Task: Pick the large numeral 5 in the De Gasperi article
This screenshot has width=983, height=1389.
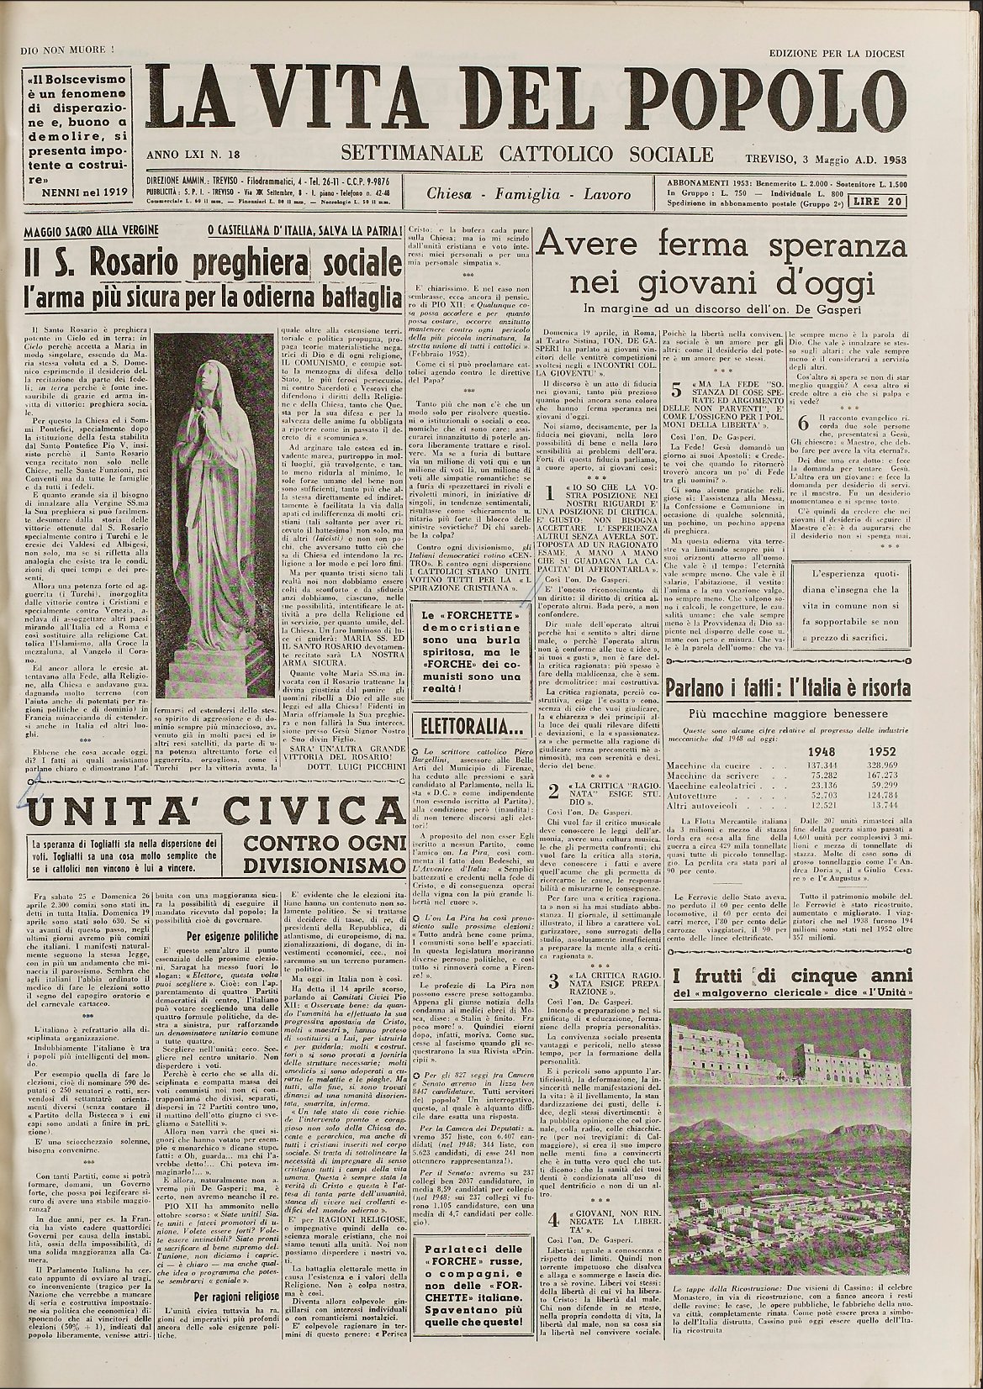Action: click(x=677, y=391)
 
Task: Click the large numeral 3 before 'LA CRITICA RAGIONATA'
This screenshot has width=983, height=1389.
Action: click(x=552, y=981)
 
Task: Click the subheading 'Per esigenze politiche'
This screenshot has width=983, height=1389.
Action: click(x=232, y=934)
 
